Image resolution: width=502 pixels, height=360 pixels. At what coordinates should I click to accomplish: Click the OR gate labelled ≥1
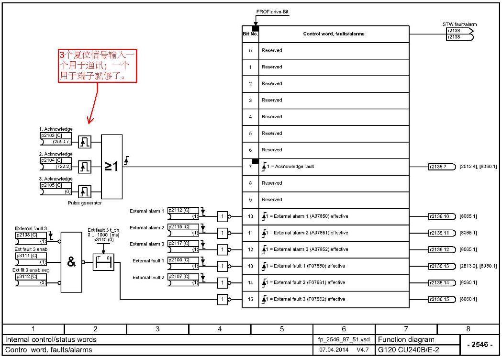112,166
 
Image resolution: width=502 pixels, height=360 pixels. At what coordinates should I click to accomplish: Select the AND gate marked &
71,262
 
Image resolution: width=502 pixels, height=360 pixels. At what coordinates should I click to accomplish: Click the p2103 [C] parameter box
56,135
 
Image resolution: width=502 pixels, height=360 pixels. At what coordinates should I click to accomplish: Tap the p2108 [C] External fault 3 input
31,235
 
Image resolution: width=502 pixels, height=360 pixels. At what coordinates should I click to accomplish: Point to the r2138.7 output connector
441,167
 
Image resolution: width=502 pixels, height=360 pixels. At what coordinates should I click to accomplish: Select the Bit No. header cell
250,34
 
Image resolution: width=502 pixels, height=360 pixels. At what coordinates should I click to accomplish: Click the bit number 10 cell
250,216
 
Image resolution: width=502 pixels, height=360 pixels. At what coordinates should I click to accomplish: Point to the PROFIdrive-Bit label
273,11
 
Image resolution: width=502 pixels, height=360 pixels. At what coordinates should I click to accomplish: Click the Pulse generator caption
85,203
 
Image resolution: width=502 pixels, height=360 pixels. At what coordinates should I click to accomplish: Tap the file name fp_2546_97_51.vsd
344,339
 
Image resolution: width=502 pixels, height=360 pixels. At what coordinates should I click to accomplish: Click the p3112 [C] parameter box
31,276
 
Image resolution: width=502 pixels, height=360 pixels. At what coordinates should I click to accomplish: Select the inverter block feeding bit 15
223,299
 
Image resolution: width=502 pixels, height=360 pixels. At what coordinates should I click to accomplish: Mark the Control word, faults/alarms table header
334,34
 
